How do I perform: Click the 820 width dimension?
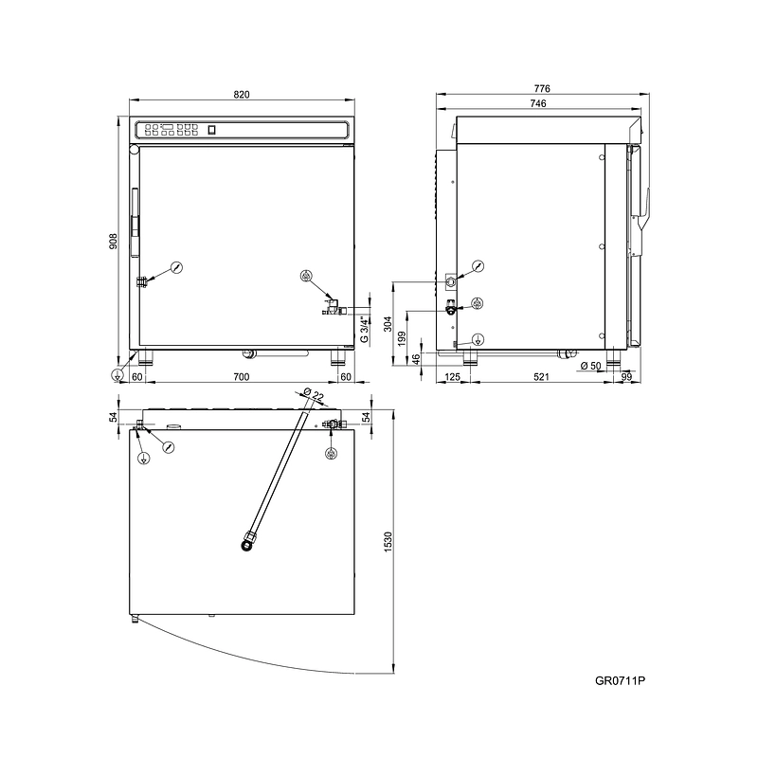(x=242, y=94)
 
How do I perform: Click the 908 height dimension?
(x=113, y=242)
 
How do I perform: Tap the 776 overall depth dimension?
(x=542, y=88)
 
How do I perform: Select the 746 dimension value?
(x=538, y=103)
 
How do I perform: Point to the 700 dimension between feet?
(x=242, y=377)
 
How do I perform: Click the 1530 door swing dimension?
(x=388, y=542)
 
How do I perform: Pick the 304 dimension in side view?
(x=388, y=324)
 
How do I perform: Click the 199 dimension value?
(x=401, y=339)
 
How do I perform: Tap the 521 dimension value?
(x=541, y=377)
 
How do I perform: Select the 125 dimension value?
(x=453, y=377)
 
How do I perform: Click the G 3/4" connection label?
(x=365, y=329)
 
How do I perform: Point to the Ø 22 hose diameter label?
(x=314, y=394)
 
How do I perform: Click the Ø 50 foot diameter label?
(x=590, y=366)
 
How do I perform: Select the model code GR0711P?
(x=621, y=680)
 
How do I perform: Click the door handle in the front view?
(x=135, y=223)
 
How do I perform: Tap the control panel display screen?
(x=168, y=127)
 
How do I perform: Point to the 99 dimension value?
(x=626, y=377)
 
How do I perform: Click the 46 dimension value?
(x=416, y=359)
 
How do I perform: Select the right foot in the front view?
(x=338, y=357)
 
